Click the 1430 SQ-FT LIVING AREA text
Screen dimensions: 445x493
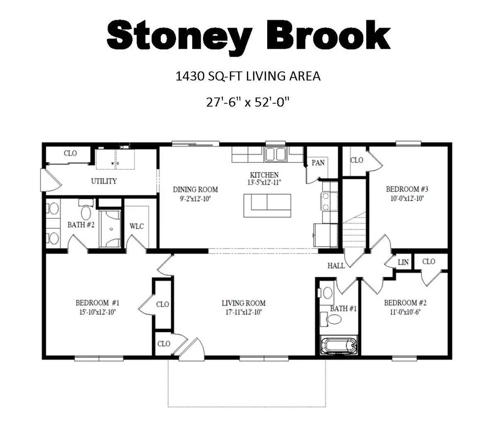[x=248, y=76]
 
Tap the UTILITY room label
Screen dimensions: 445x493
[x=104, y=181]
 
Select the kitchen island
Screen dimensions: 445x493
[x=267, y=205]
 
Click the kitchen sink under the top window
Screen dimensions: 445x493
[x=275, y=155]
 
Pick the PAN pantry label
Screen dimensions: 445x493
[x=318, y=162]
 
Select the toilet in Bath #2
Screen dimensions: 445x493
[x=87, y=213]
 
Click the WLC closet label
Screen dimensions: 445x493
[x=137, y=226]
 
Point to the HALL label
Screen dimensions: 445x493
[x=336, y=265]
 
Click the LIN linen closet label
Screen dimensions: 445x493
[x=403, y=262]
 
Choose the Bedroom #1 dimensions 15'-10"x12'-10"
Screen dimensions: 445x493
[x=96, y=311]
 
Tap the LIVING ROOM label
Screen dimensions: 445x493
[x=244, y=303]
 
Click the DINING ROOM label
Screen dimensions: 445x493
[x=195, y=189]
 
